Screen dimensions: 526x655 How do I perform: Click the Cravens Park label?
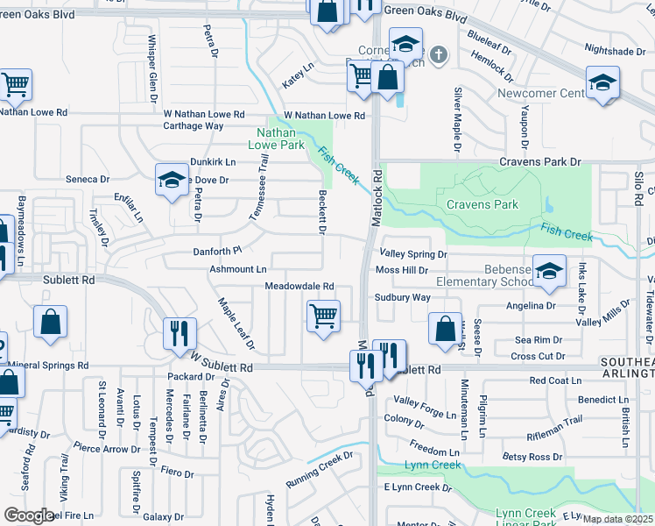482,205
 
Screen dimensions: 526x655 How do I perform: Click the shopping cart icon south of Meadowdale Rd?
323,315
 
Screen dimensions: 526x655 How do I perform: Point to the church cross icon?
439,54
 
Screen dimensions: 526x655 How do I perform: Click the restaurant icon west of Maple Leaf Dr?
180,333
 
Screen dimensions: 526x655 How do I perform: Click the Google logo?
29,515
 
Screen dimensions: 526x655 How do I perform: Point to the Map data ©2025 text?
616,519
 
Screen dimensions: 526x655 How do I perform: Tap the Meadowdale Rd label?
299,286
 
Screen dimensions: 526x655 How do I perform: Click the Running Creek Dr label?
319,480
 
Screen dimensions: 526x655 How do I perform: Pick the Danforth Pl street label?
216,252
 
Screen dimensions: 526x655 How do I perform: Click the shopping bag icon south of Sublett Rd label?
51,321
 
